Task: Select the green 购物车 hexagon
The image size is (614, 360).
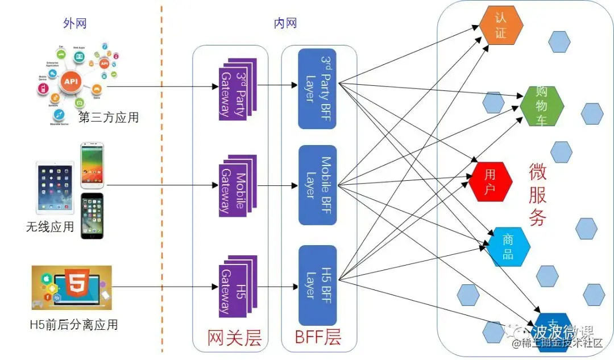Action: pos(541,106)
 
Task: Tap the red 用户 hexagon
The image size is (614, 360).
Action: pos(490,182)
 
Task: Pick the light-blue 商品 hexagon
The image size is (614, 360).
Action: pos(508,247)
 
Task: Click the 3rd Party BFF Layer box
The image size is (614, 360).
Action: pos(317,88)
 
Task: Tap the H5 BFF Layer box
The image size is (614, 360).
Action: pos(317,285)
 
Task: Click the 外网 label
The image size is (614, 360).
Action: pos(74,23)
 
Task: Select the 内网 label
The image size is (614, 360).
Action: pos(285,23)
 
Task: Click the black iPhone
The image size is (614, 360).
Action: pos(92,216)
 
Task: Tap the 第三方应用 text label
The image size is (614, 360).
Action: pos(108,118)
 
